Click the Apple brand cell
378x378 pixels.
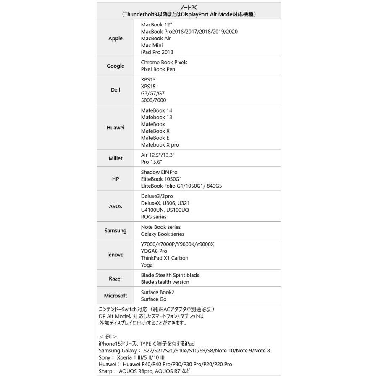115,38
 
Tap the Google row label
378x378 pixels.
115,66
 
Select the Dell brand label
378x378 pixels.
115,89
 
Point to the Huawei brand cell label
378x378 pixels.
115,127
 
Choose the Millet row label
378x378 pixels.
115,158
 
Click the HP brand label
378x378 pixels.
115,179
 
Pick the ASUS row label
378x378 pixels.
115,206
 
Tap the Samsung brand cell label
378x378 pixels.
115,230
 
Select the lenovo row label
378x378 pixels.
115,255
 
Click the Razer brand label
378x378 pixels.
115,278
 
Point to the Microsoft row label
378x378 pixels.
115,296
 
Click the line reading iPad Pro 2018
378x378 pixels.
157,52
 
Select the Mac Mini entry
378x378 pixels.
152,45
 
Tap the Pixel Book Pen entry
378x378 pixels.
158,69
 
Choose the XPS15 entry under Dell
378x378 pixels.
148,86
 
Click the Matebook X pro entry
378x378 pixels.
160,144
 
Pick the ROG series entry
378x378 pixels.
154,217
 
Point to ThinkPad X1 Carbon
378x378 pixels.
165,258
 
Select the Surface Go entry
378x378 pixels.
154,299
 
